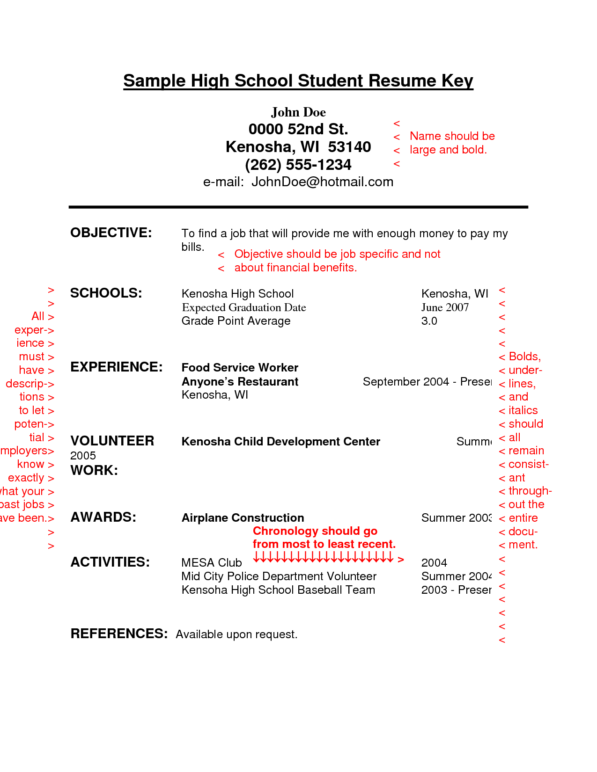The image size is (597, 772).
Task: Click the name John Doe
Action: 298,112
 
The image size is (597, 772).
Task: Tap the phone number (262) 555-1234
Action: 298,165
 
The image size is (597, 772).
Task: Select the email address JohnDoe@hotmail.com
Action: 322,182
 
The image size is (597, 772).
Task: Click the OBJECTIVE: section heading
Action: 111,233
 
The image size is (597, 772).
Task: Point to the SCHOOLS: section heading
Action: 106,293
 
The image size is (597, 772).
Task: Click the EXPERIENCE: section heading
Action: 117,367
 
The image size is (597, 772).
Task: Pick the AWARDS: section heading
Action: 103,517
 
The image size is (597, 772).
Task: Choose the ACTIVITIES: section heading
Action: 110,562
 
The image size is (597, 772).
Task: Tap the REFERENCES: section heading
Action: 119,634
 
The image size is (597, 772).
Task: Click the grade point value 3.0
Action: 429,321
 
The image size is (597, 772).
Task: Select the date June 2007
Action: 445,307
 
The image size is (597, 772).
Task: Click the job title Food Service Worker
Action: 240,368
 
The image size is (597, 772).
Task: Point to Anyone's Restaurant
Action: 240,382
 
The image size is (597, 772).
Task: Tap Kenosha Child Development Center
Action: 280,442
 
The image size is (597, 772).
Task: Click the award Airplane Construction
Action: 243,518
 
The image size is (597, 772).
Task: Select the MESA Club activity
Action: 212,563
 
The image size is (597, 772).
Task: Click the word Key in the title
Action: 457,81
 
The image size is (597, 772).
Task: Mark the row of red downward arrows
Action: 323,557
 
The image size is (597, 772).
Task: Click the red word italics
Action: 523,410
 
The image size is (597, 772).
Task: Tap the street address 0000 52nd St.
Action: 298,129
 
